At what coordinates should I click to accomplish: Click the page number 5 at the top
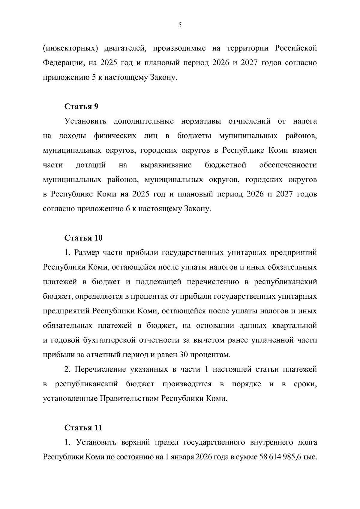(180, 25)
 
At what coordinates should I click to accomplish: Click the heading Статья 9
(82, 107)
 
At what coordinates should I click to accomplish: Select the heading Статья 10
(84, 238)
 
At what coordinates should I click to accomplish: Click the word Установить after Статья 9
(85, 121)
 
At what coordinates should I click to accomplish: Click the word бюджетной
(225, 165)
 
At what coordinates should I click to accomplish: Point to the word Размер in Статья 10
(87, 253)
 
